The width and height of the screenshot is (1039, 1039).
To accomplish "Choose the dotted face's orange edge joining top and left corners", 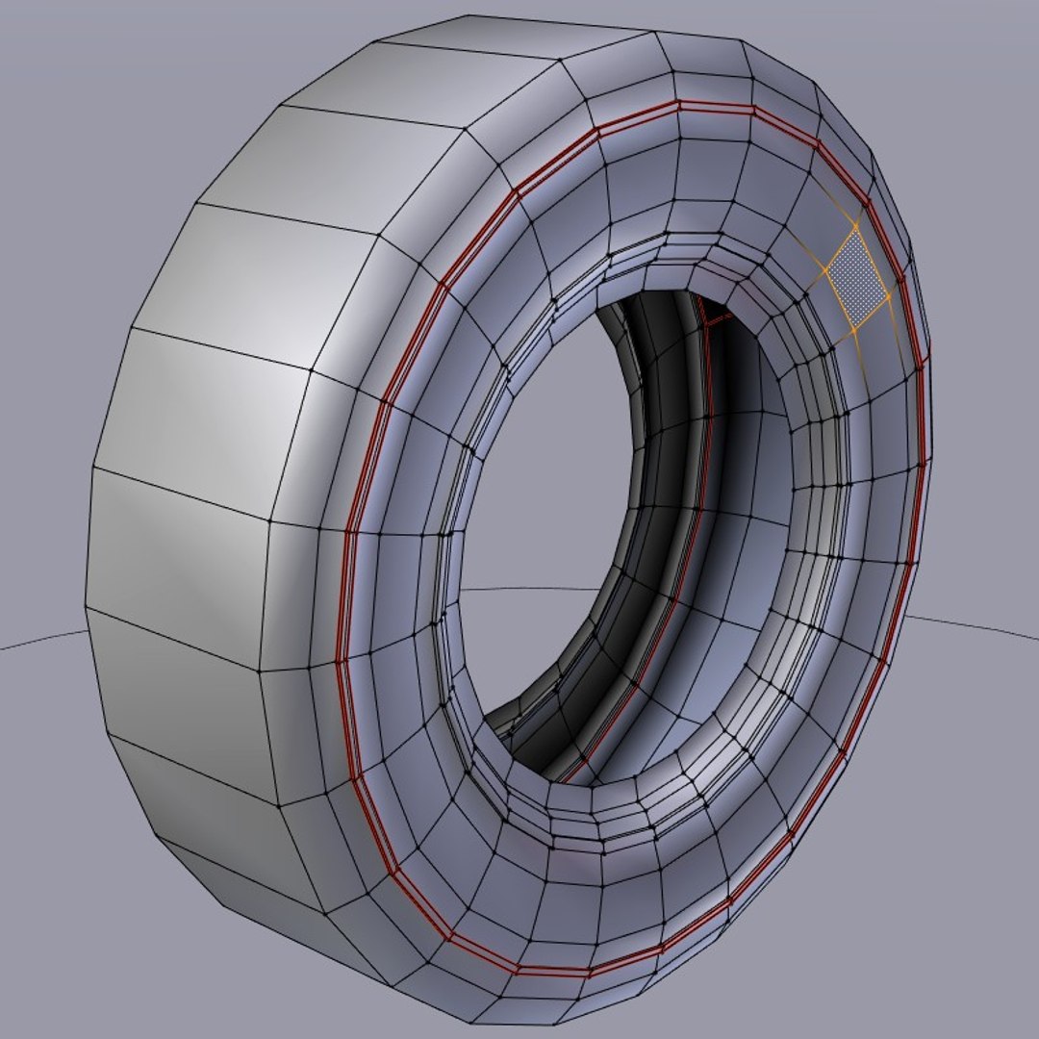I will tap(839, 249).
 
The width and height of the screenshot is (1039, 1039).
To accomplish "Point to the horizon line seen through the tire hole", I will tap(539, 588).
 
